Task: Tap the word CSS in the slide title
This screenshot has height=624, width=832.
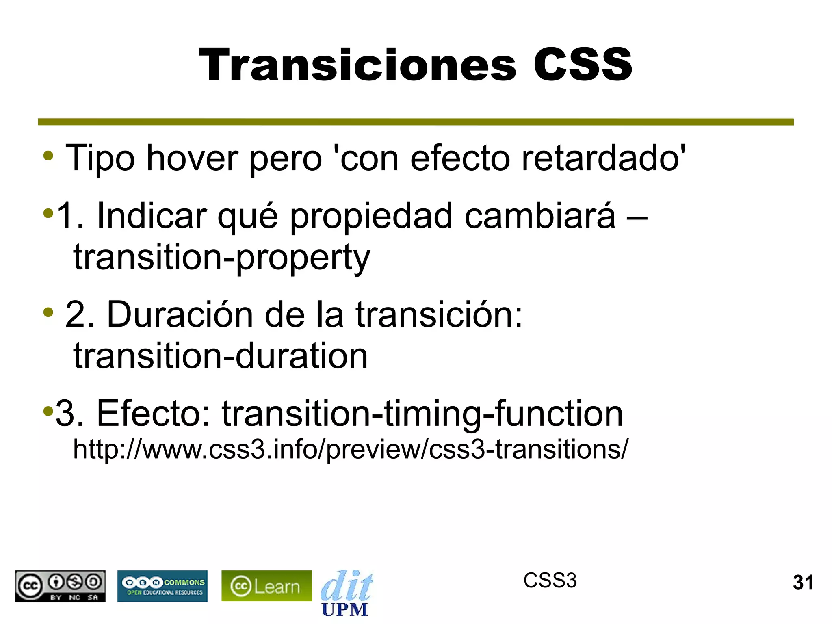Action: click(x=583, y=65)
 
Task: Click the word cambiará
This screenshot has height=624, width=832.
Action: click(x=540, y=216)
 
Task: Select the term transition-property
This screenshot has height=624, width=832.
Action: click(x=221, y=258)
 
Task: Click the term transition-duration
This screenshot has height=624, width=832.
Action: click(x=221, y=356)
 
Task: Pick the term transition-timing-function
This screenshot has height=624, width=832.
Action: click(x=422, y=414)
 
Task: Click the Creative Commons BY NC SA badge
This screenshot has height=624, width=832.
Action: click(x=60, y=586)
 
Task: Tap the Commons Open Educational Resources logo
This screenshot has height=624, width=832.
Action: click(x=162, y=586)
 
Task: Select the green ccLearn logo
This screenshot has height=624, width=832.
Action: click(x=266, y=586)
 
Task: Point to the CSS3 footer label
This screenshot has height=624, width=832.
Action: click(x=550, y=581)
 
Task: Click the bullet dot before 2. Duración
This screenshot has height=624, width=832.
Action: click(x=48, y=312)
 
